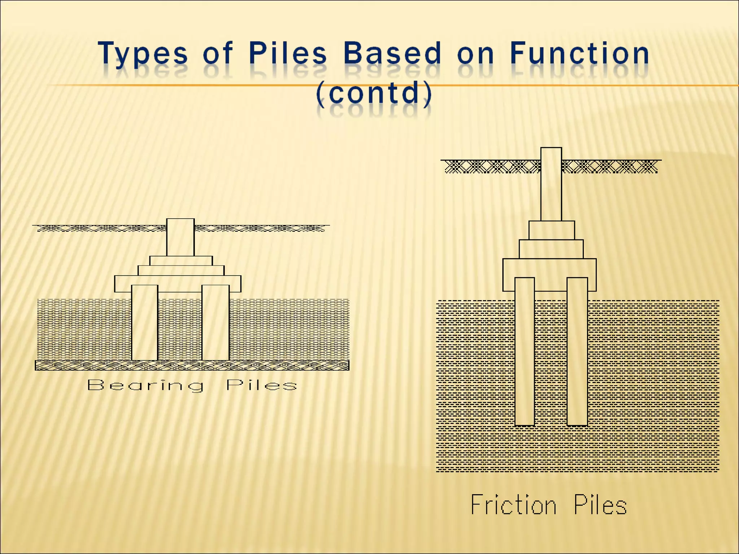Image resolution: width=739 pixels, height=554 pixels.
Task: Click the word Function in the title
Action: (x=580, y=53)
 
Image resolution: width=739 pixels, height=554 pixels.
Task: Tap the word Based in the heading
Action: (x=392, y=53)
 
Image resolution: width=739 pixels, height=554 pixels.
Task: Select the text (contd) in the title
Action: (x=374, y=93)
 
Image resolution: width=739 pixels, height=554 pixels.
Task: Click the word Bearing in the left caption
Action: (x=145, y=386)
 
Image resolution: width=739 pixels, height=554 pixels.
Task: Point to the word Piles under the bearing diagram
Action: (x=262, y=385)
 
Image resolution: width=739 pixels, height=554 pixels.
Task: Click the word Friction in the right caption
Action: (x=513, y=505)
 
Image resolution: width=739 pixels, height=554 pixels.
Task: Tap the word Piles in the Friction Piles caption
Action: (x=600, y=505)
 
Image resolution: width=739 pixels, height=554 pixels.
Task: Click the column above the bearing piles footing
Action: (x=180, y=237)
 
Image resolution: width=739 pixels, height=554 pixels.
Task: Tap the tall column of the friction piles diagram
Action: (x=551, y=184)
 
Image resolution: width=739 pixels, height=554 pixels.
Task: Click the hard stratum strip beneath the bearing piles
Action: (x=192, y=365)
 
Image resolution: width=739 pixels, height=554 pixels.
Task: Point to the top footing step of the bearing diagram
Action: (x=181, y=261)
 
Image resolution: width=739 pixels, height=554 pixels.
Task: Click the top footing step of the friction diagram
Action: (x=551, y=230)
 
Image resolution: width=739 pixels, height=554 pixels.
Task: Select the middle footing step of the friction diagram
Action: (x=551, y=249)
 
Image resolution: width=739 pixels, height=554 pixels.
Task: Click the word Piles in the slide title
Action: (x=288, y=53)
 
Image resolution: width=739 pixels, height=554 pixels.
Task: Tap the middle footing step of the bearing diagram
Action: (x=181, y=271)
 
